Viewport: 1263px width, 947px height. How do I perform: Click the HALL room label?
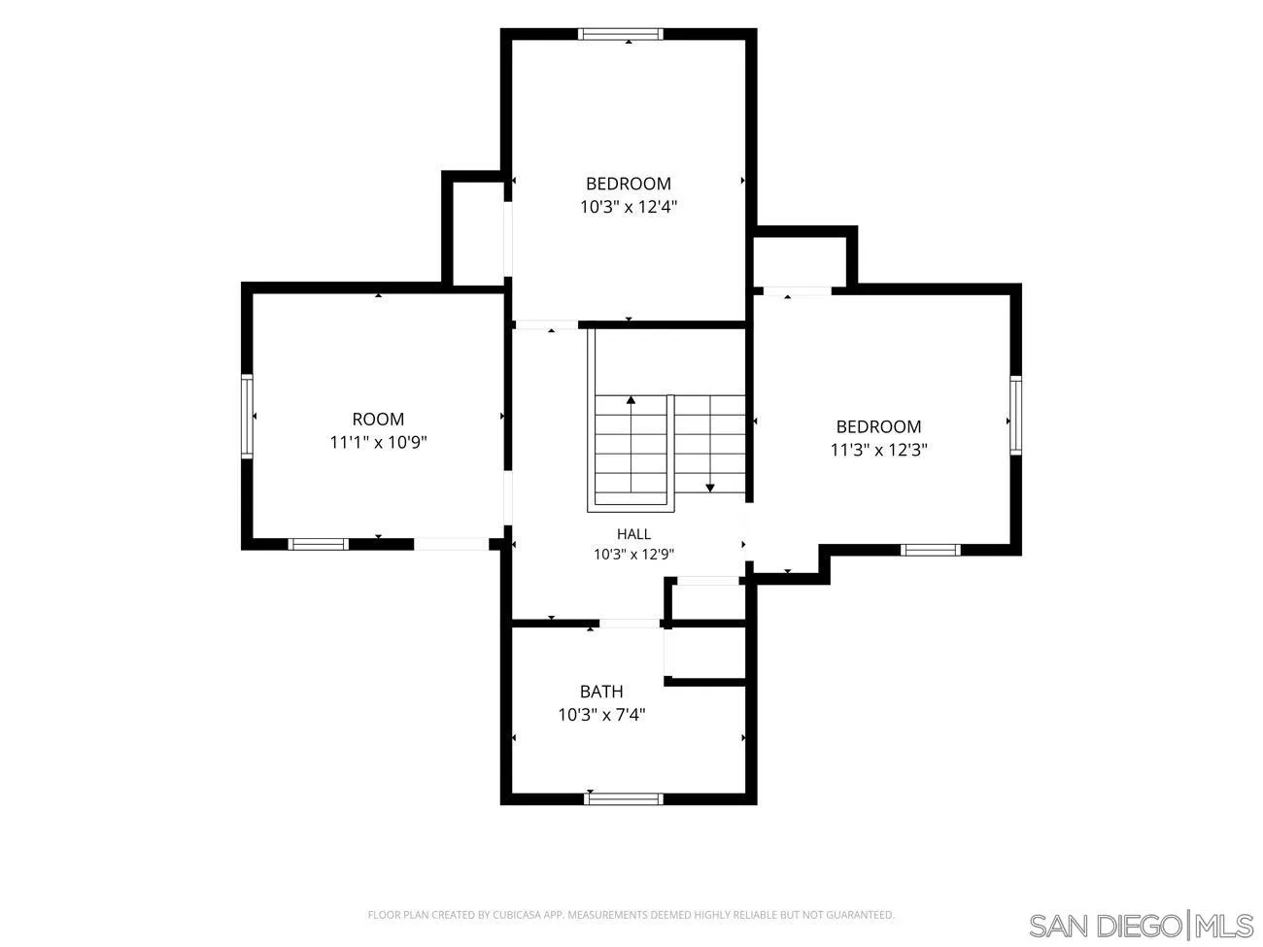[633, 534]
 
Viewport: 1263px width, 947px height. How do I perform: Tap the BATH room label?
[601, 692]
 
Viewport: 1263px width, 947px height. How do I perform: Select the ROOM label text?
[378, 420]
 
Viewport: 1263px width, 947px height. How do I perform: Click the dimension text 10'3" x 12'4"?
[629, 207]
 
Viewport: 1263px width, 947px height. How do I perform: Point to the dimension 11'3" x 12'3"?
[878, 450]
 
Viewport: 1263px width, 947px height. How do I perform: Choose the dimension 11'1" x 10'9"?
[378, 442]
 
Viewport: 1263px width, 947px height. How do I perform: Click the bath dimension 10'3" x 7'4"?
[601, 715]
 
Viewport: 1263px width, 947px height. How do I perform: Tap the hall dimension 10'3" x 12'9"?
[633, 555]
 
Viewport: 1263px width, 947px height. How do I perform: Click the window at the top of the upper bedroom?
[620, 34]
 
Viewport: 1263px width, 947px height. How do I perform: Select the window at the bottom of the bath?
[623, 798]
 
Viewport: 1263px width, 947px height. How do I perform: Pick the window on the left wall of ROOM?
[247, 417]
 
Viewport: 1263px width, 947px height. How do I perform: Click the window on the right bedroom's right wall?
[1015, 416]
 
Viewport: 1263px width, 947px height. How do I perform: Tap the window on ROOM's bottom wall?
[319, 544]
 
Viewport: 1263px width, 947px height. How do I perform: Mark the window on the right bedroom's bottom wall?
[931, 550]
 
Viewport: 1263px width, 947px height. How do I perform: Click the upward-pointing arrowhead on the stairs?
[631, 399]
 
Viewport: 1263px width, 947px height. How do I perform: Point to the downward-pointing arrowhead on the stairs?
[710, 489]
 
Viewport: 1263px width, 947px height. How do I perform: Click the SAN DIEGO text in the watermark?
[1105, 926]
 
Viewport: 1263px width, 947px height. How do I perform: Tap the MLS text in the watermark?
[1225, 926]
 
